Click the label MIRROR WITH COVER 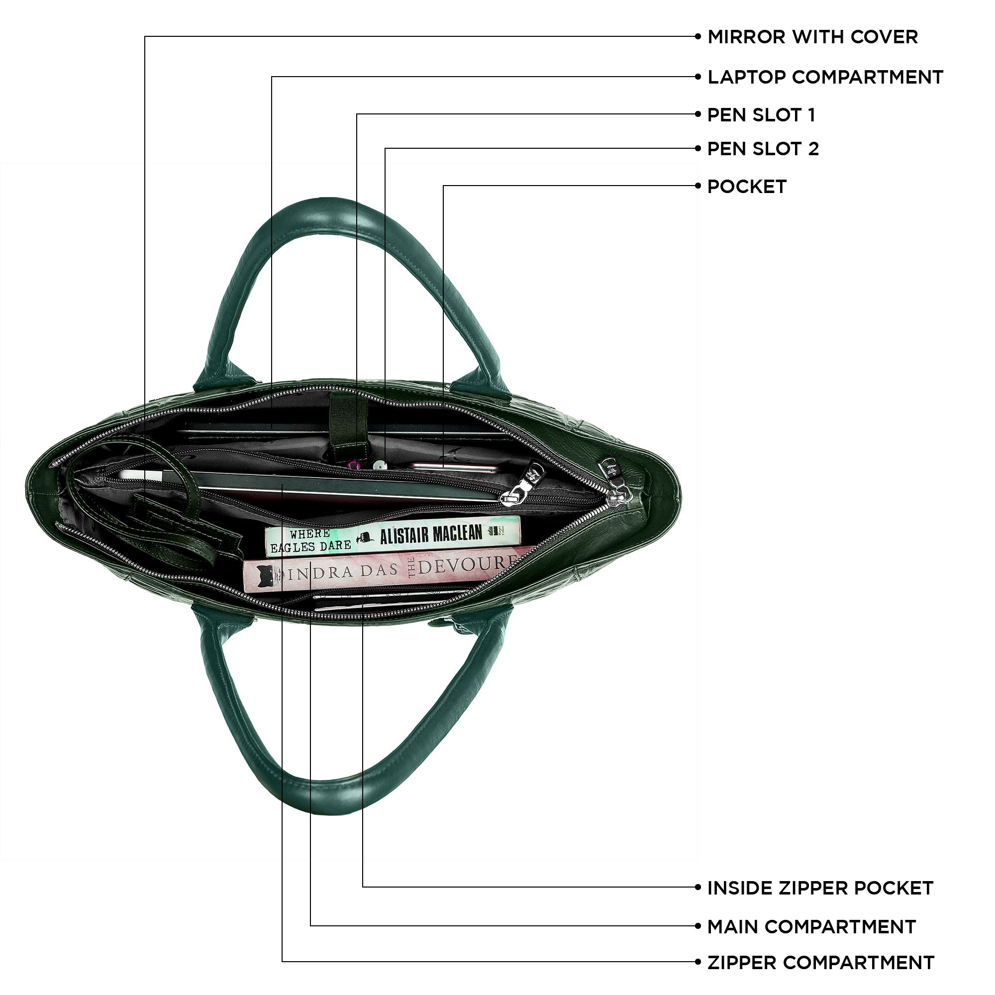(x=812, y=37)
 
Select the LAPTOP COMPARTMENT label (x=824, y=77)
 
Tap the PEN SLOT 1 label (x=761, y=115)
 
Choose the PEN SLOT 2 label (x=762, y=149)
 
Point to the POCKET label (x=746, y=187)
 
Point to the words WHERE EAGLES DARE (x=310, y=541)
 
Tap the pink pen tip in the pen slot (x=353, y=465)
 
